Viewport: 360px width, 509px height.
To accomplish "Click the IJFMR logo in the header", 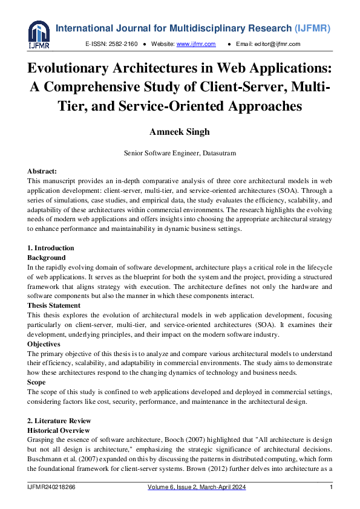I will click(x=39, y=35).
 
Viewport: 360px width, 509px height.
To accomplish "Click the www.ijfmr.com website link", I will click(x=188, y=44).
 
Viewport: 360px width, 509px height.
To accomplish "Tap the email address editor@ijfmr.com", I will click(x=277, y=44).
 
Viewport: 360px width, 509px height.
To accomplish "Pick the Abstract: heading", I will click(x=42, y=172).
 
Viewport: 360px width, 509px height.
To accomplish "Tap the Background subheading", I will click(x=47, y=258).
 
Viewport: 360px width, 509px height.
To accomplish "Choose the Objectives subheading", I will click(x=44, y=344).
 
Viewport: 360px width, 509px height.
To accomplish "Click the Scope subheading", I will click(x=37, y=382).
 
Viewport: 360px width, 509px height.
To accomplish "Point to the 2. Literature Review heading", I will click(x=59, y=421).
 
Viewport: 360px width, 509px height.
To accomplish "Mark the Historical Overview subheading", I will click(x=59, y=430).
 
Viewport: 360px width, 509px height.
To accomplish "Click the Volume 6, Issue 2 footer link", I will click(x=197, y=487).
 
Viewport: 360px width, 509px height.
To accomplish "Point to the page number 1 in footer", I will click(x=331, y=487).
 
